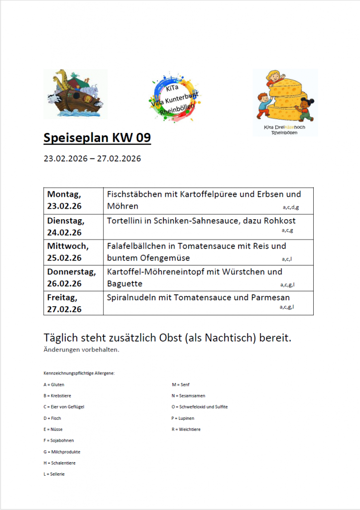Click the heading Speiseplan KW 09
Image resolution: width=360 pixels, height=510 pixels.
point(97,138)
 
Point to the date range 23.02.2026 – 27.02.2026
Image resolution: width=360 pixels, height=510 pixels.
point(92,159)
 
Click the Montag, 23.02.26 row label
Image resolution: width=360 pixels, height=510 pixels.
point(64,200)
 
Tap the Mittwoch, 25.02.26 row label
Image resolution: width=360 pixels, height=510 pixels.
point(68,252)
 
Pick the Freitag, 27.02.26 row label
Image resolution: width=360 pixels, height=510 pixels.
point(64,303)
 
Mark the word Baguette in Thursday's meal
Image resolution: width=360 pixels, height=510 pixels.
point(124,283)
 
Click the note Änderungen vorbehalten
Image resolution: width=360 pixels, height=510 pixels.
point(81,350)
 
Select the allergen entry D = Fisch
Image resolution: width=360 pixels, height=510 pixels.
point(52,418)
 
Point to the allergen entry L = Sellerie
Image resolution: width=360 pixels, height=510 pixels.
point(54,474)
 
